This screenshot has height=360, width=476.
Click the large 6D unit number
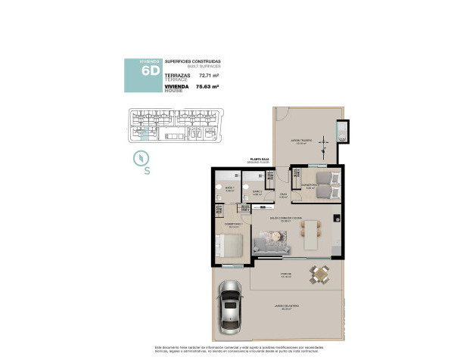tap(151, 70)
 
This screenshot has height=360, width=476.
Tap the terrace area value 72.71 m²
tap(208, 76)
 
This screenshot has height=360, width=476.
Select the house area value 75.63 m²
tap(207, 87)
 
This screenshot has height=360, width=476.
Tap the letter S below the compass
tap(147, 171)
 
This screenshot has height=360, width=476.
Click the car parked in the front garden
tap(230, 310)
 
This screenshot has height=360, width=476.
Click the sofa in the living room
tap(270, 242)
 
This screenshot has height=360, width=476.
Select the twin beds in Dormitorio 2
tap(326, 182)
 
